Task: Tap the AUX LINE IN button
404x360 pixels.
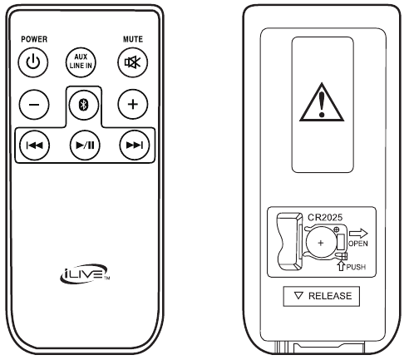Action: pos(81,62)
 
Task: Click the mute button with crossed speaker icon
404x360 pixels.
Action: pos(132,62)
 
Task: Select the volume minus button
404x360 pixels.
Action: pos(34,105)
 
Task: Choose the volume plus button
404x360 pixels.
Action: pos(133,104)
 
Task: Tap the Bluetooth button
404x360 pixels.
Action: pos(84,105)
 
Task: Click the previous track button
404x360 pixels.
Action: pos(34,145)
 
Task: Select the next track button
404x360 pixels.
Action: pos(135,145)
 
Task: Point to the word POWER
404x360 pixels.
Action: pos(34,39)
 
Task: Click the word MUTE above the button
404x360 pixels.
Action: pos(133,39)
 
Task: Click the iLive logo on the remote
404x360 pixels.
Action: pos(85,274)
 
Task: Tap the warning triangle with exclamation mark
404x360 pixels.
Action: pos(322,102)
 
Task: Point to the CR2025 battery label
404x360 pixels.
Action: pos(325,217)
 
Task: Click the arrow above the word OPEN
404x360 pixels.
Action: pos(358,234)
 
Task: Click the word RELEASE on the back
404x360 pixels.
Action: pos(330,296)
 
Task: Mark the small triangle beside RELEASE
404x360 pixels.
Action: pos(298,295)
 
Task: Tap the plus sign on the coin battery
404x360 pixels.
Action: pos(321,243)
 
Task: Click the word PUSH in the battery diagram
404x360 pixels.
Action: pos(356,267)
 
